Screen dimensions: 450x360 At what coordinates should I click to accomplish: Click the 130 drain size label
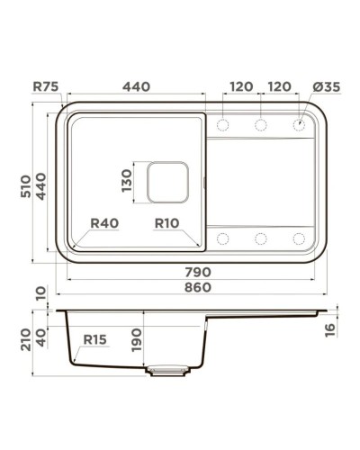pos(126,184)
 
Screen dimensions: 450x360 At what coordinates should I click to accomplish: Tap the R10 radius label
pos(168,222)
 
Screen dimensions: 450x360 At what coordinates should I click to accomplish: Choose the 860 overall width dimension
pos(198,286)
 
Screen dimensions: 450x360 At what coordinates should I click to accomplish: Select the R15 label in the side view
pos(95,339)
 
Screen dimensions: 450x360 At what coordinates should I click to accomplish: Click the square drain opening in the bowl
pos(166,183)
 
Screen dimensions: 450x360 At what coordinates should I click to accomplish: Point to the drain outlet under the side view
pos(168,369)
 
